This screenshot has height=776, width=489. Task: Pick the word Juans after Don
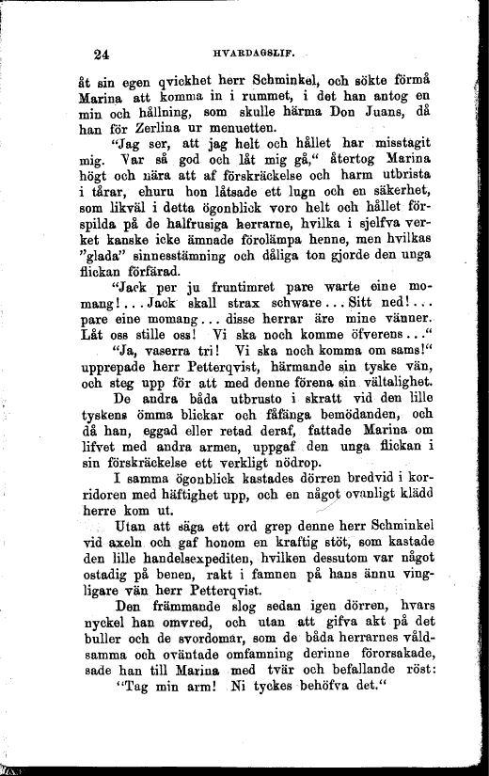pyautogui.click(x=371, y=112)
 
